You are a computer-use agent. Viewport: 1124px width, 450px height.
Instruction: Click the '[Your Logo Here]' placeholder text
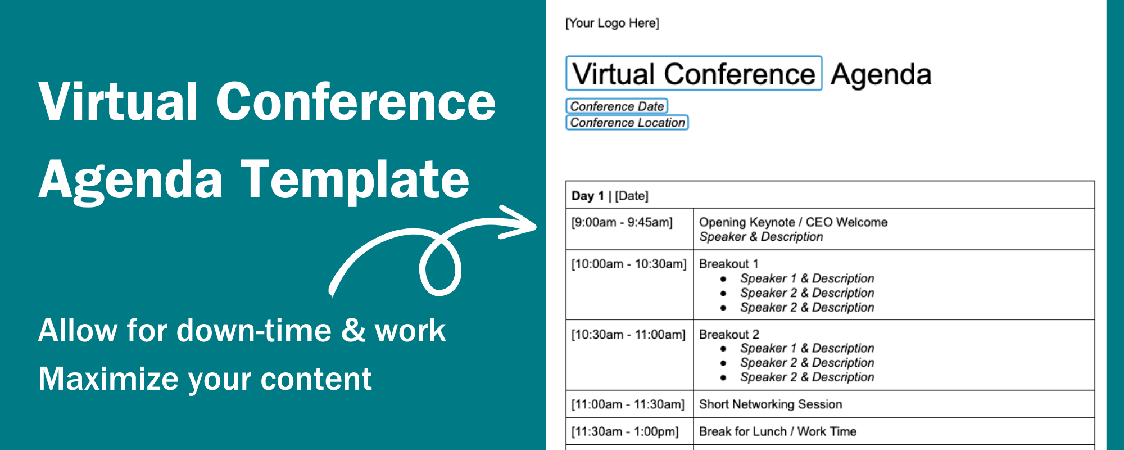pos(612,23)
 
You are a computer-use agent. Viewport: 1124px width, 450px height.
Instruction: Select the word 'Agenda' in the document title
pos(881,75)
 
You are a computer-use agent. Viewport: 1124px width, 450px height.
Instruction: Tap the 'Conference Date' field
pos(617,106)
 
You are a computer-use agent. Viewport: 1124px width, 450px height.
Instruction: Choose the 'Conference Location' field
pos(627,123)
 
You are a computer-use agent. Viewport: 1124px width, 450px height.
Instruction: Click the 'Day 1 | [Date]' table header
pos(610,196)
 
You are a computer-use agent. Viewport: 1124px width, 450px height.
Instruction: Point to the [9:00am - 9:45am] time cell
pos(622,222)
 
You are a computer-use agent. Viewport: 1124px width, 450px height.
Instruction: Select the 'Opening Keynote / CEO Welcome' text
pos(793,222)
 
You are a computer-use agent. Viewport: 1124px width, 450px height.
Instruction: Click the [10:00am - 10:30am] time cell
pos(629,264)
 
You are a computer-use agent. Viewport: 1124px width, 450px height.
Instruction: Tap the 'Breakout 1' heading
pos(728,264)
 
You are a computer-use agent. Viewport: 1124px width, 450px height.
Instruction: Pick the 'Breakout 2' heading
pos(728,334)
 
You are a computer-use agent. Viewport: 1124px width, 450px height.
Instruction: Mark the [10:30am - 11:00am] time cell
pos(628,335)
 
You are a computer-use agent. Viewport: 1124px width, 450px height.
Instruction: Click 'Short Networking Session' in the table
pos(770,404)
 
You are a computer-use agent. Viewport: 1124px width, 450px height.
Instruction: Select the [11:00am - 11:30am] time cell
pos(628,404)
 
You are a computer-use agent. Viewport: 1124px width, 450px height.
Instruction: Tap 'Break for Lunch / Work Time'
pos(777,431)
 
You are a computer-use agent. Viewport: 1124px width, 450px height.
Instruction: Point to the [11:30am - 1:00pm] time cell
pos(625,431)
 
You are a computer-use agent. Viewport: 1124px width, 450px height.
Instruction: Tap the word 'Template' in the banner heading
pos(355,179)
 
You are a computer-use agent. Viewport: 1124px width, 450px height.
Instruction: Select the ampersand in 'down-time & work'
pos(353,330)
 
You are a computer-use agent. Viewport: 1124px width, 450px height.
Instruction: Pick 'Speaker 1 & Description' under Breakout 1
pos(806,278)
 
